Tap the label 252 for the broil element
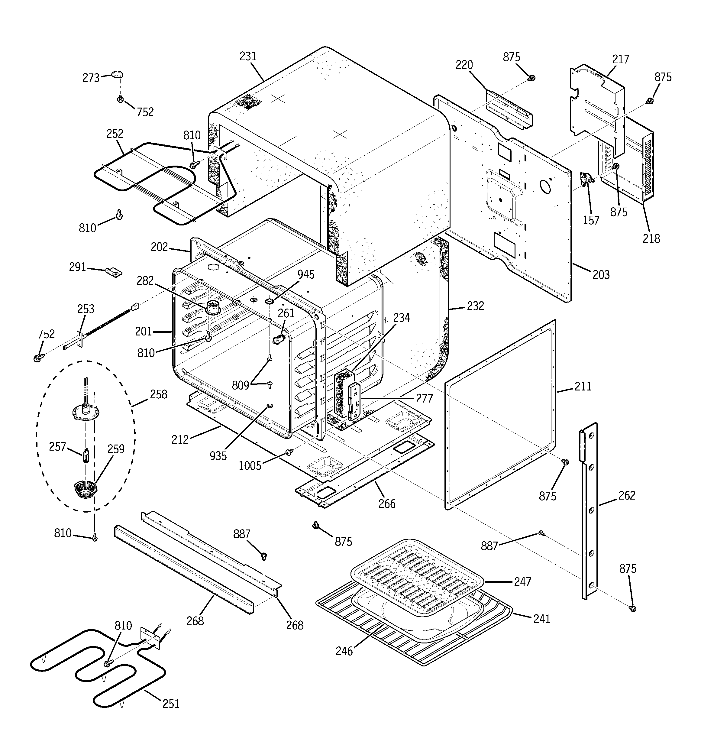pyautogui.click(x=115, y=134)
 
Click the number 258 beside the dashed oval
pyautogui.click(x=158, y=394)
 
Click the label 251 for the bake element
pyautogui.click(x=170, y=704)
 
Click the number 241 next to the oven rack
pyautogui.click(x=541, y=619)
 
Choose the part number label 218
pyautogui.click(x=651, y=238)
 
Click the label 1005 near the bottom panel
pyautogui.click(x=250, y=466)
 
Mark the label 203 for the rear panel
pyautogui.click(x=601, y=274)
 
